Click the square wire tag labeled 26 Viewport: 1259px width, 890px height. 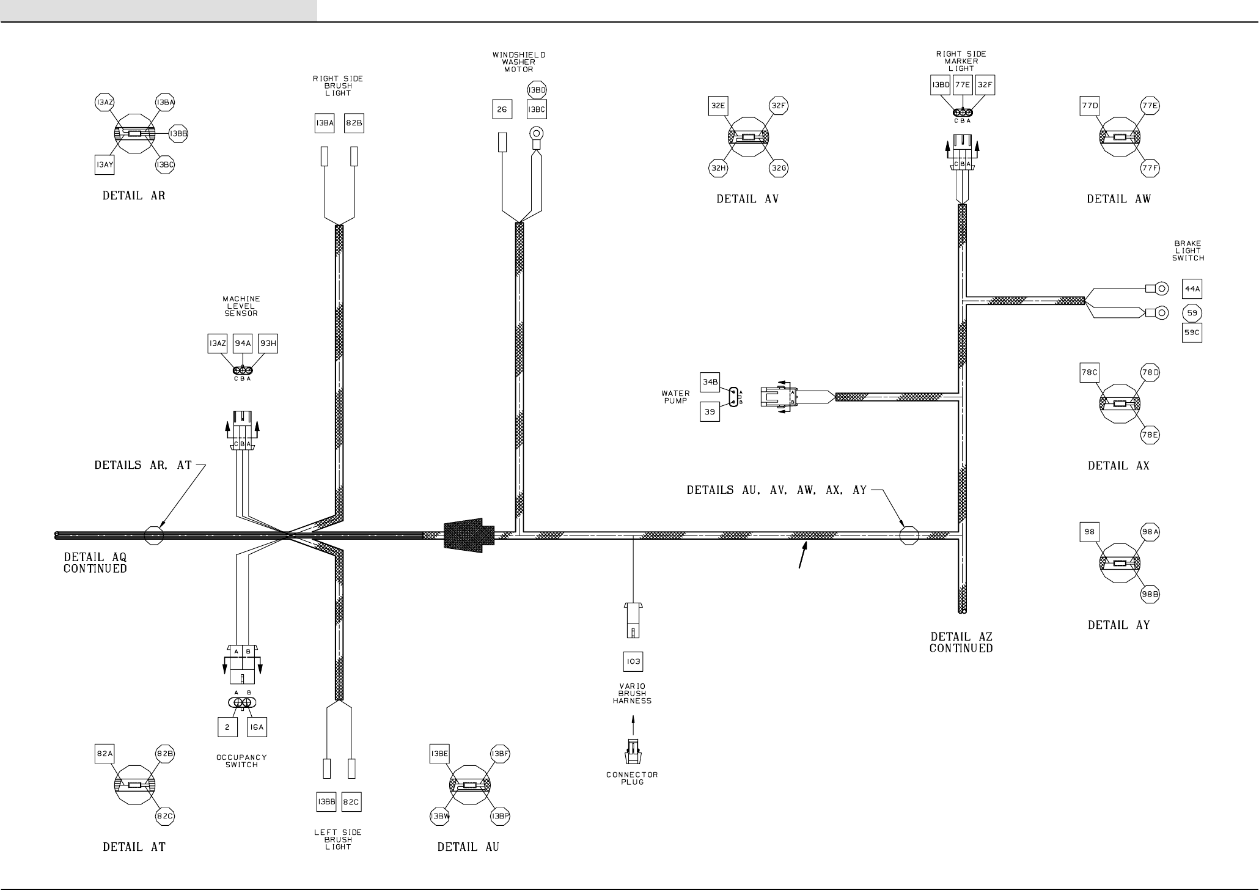coord(502,109)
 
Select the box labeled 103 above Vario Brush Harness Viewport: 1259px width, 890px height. coord(633,661)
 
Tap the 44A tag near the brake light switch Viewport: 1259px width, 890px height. coord(1192,289)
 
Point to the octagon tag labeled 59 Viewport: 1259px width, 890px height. coord(1192,313)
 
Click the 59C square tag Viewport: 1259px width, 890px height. coord(1192,333)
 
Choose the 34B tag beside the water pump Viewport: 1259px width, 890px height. coord(710,383)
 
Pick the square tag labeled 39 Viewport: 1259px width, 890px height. coord(710,412)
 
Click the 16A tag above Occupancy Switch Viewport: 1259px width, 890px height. coord(257,727)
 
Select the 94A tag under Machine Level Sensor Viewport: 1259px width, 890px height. coord(243,344)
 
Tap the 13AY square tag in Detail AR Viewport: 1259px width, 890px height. coord(105,164)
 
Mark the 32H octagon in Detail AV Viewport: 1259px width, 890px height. coord(718,168)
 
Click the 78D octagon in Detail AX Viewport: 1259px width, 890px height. coord(1150,372)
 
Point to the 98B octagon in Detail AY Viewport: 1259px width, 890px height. coord(1150,593)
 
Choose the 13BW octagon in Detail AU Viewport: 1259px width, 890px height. coord(440,817)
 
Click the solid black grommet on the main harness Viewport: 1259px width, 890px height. coord(468,536)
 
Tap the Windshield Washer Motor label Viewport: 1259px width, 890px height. coord(519,62)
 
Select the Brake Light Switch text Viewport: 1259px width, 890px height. coord(1187,251)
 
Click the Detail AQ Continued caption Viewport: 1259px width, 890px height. coord(95,563)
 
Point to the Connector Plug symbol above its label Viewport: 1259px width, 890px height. coord(633,752)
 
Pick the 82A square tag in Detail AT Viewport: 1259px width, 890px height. coord(105,754)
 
